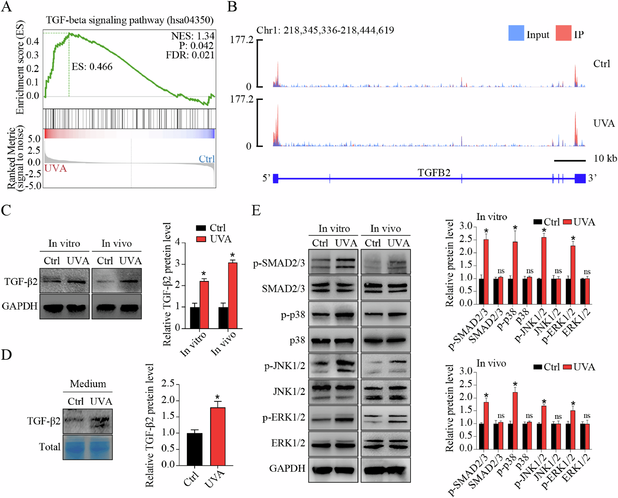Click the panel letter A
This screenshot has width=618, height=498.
[7, 7]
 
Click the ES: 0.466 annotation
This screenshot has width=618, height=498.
[92, 67]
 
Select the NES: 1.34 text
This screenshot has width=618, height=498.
[193, 36]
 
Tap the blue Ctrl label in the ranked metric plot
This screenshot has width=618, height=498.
[207, 159]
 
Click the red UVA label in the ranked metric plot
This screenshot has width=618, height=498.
[55, 168]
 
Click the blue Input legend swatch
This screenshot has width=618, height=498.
[516, 33]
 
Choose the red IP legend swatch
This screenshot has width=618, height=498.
[563, 33]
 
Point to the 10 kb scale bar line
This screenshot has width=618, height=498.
[569, 161]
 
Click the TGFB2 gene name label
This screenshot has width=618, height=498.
[434, 172]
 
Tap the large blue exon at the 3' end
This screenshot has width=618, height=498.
[580, 178]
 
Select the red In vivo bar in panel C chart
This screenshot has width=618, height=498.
[232, 295]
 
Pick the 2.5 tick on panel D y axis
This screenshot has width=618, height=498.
[168, 384]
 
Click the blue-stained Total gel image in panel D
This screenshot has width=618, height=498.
[88, 447]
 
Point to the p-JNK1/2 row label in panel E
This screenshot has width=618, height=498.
[284, 366]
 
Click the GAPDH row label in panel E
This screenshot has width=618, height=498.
[287, 468]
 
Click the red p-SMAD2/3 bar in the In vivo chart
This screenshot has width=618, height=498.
[486, 425]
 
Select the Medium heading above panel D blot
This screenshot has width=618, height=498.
[88, 384]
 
